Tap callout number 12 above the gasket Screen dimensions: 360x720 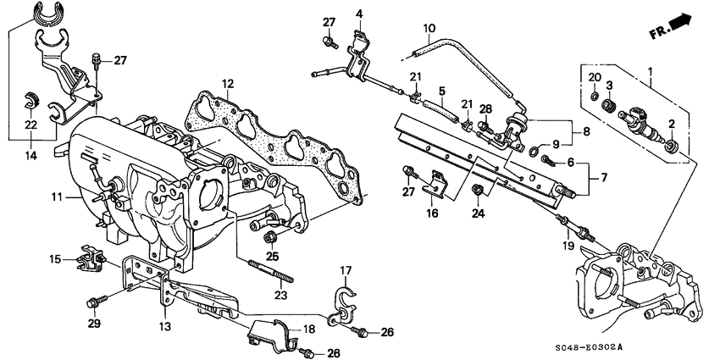[228, 83]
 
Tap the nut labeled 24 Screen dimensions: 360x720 [479, 191]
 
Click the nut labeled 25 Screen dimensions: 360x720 [271, 236]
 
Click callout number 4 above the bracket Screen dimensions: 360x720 [358, 14]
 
